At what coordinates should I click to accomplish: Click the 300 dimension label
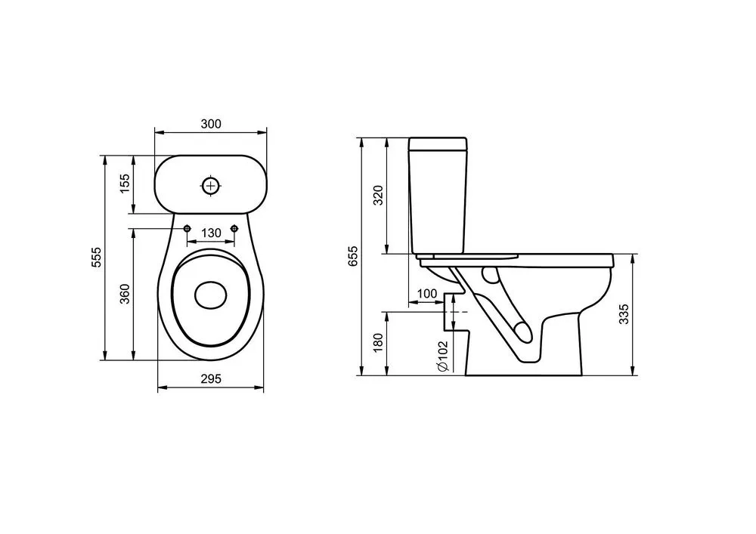(x=211, y=124)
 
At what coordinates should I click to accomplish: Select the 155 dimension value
(x=125, y=184)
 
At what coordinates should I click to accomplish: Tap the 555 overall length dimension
(x=97, y=258)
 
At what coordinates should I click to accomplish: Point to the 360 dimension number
(x=125, y=294)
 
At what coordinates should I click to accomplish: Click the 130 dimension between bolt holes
(x=211, y=233)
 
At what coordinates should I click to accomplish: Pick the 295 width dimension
(x=211, y=379)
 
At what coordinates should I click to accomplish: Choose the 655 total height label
(x=353, y=257)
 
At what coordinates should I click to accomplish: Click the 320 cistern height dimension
(x=379, y=196)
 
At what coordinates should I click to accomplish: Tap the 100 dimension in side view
(x=426, y=294)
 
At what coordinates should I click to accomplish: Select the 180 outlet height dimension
(x=379, y=342)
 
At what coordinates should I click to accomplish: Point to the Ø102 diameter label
(x=444, y=356)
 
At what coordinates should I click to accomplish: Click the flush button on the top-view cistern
(x=211, y=185)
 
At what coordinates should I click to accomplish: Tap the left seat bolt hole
(x=187, y=228)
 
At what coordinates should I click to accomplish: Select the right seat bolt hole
(x=234, y=228)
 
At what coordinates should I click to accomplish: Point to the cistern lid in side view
(x=438, y=143)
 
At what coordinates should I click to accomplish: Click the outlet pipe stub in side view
(x=456, y=312)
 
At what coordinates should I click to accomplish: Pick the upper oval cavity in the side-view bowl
(x=490, y=275)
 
